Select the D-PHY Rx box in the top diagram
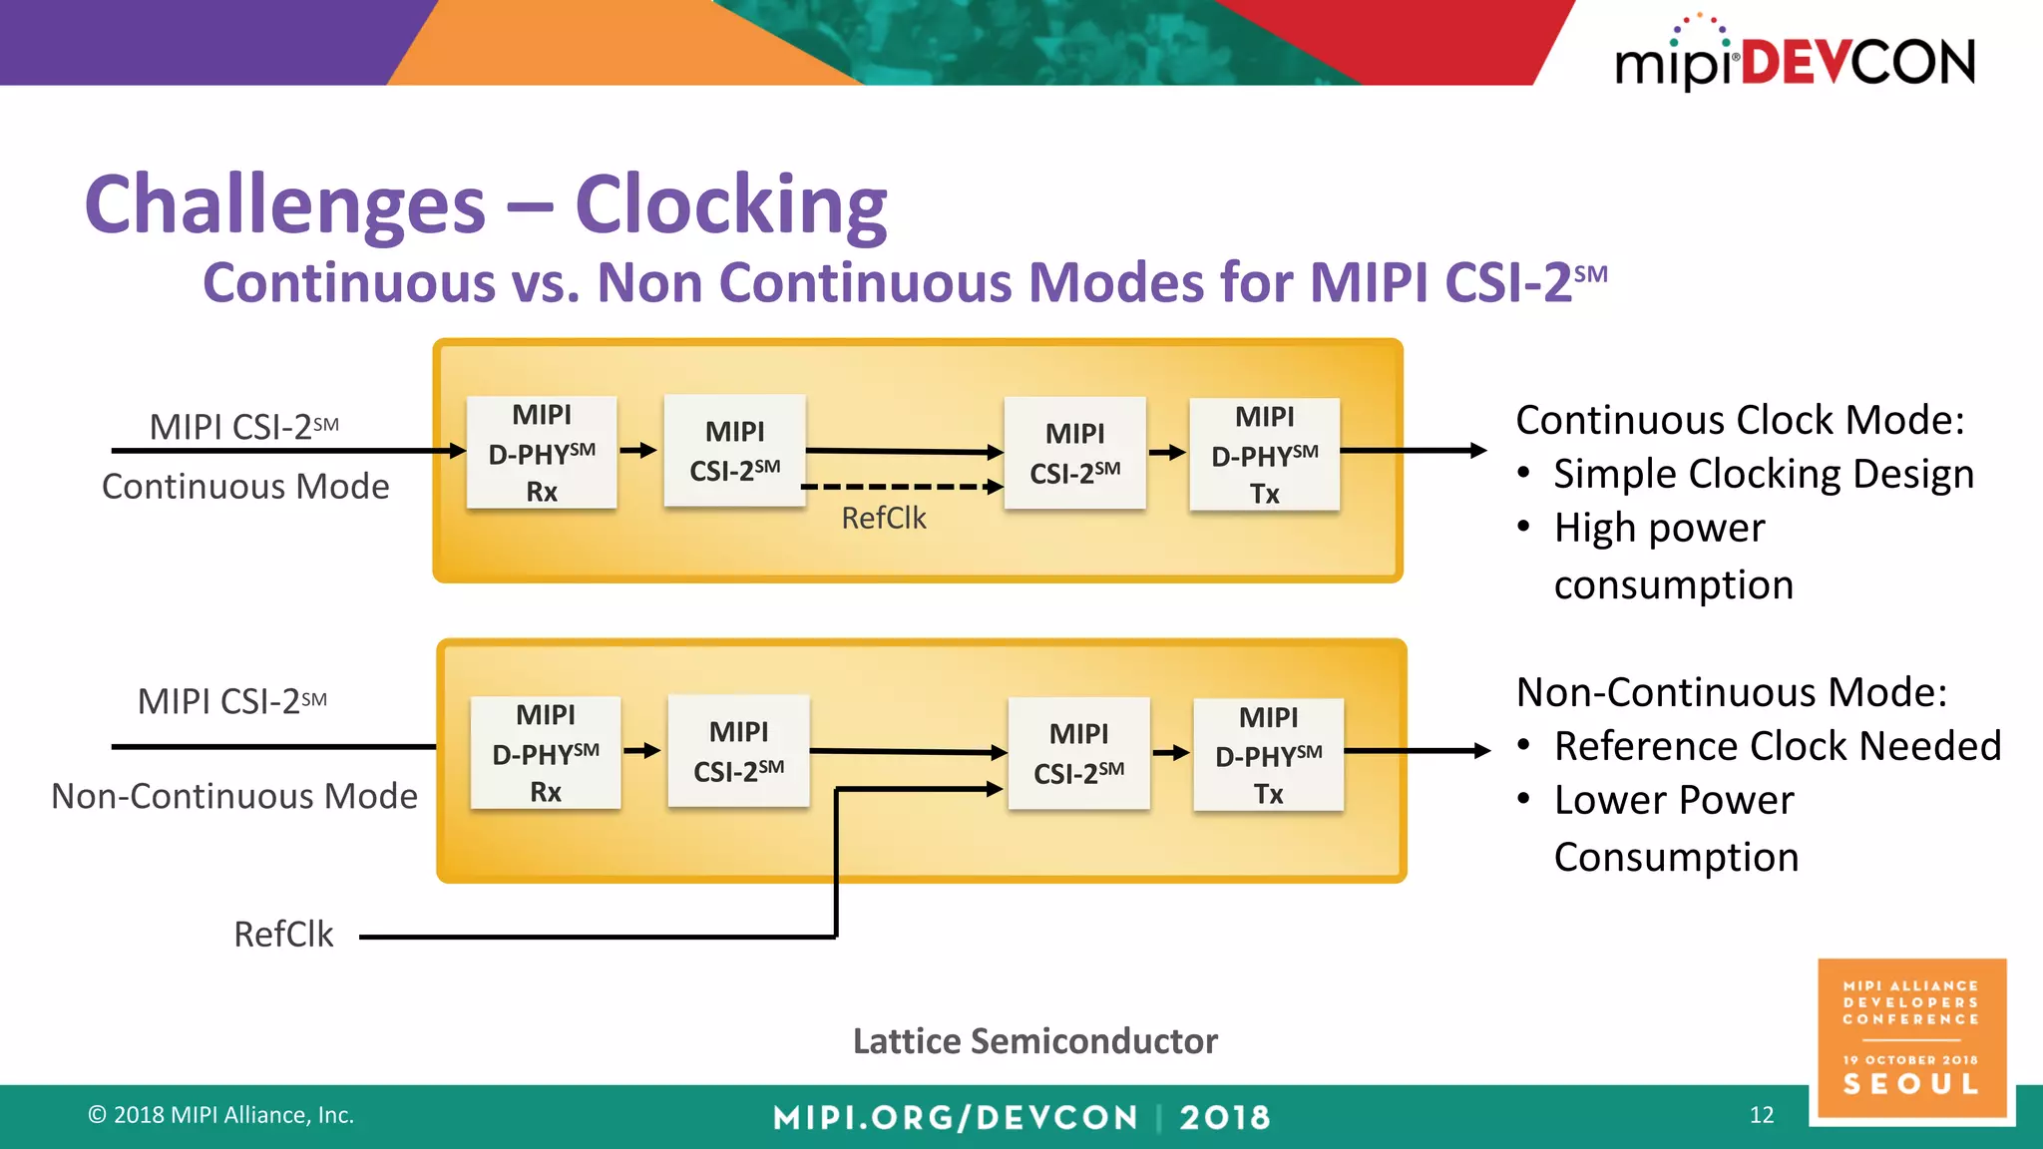click(x=542, y=453)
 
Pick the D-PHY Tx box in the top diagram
click(x=1264, y=455)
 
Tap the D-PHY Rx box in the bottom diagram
click(x=546, y=753)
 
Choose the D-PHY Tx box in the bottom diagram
click(x=1268, y=755)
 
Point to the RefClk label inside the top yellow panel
click(x=884, y=519)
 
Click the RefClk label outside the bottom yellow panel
click(x=283, y=935)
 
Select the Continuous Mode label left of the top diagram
click(x=245, y=487)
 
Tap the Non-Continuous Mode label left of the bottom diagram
click(x=234, y=796)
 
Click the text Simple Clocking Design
click(x=1763, y=474)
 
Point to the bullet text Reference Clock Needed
click(x=1777, y=746)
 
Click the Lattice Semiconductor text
click(x=1034, y=1041)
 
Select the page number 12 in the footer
click(x=1762, y=1115)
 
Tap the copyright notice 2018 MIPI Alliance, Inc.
click(x=221, y=1115)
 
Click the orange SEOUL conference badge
click(x=1911, y=1037)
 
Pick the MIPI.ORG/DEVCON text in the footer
click(x=956, y=1117)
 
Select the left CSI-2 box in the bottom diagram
click(x=739, y=751)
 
